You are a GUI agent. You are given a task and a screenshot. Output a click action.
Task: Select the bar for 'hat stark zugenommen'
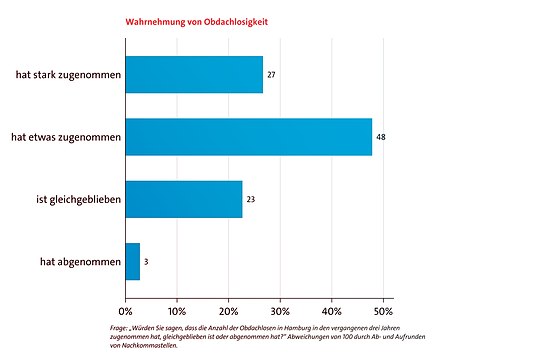point(194,74)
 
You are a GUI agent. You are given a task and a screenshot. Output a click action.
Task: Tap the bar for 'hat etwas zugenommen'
point(248,136)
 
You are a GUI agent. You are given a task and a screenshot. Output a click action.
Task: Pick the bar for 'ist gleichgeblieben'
point(184,199)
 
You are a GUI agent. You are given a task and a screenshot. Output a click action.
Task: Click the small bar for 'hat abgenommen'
point(133,261)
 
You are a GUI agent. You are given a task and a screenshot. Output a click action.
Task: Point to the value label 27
point(272,74)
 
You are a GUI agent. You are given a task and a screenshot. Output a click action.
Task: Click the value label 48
point(381,136)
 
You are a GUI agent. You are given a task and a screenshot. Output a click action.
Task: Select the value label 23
point(251,199)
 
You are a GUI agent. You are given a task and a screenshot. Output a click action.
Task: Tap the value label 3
point(147,261)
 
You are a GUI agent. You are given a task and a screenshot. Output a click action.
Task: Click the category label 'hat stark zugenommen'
point(67,74)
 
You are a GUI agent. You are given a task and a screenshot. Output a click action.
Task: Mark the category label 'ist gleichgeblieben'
point(72,199)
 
